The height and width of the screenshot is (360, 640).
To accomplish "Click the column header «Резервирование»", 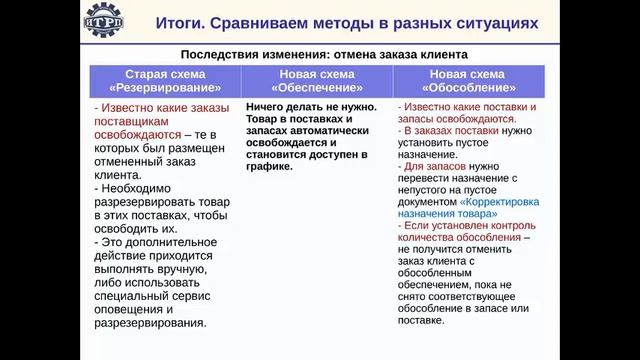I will click(165, 86).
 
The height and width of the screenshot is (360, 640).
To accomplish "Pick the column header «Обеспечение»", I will click(319, 86).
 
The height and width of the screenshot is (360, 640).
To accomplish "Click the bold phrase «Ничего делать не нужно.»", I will click(310, 107).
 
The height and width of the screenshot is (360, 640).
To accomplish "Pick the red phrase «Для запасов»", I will click(436, 167).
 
